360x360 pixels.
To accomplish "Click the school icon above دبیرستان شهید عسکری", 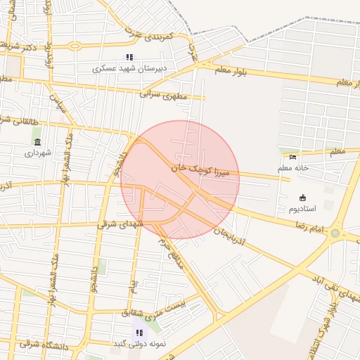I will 129,57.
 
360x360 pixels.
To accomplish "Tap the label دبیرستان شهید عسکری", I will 129,69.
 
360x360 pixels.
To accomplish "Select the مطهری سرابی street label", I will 165,92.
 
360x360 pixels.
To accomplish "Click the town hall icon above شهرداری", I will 37,142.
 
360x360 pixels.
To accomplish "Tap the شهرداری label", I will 37,153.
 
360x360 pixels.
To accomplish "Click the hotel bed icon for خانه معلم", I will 293,156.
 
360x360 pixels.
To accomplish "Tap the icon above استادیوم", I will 302,198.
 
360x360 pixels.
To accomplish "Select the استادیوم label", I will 302,209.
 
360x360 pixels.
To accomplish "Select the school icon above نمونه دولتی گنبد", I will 139,332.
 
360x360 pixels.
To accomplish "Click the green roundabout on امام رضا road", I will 335,233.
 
